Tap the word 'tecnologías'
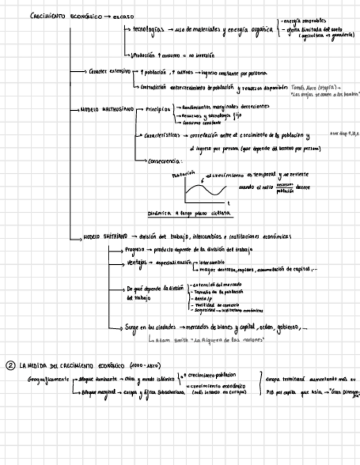point(144,30)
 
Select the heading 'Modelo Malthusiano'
point(107,110)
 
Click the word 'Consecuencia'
point(165,161)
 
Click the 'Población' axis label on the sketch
point(183,174)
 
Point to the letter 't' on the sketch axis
point(228,203)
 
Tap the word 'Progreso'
point(134,249)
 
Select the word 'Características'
point(162,135)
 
